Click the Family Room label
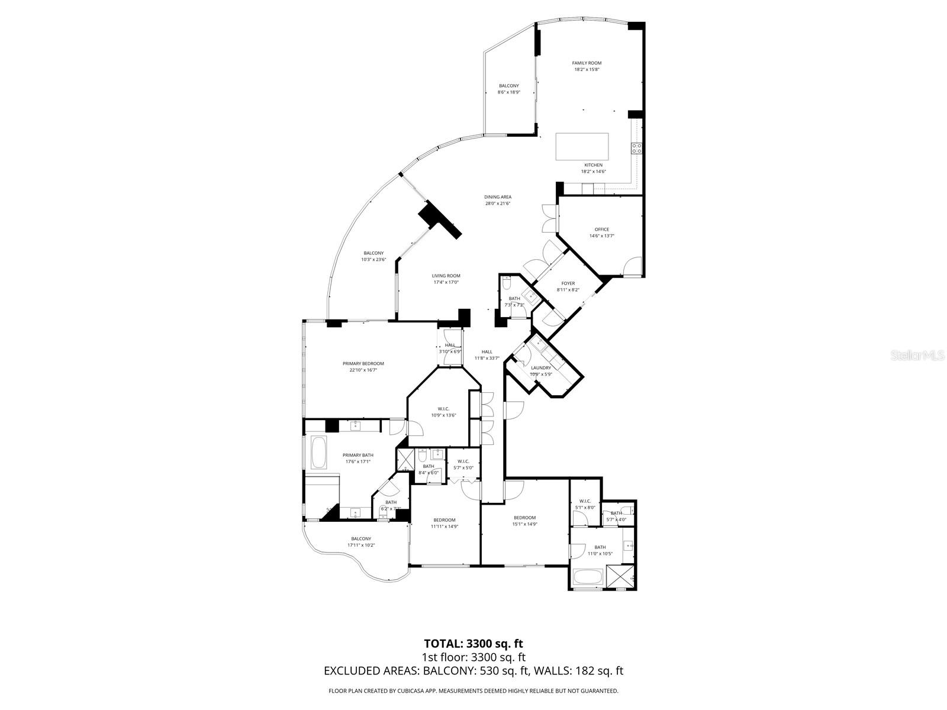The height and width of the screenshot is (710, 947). [586, 63]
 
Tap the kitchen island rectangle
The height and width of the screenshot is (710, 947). [582, 146]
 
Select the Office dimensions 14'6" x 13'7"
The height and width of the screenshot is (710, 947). [601, 236]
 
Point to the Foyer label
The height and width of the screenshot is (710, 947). [568, 283]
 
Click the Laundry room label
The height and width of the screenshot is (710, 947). [540, 368]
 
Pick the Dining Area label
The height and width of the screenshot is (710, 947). [497, 197]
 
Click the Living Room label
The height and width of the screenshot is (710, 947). [446, 276]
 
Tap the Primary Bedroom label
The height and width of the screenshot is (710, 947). [363, 363]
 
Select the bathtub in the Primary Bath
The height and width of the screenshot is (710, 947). [318, 453]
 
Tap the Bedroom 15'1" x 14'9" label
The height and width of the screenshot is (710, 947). [524, 518]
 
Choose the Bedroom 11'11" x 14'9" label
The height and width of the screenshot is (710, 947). [444, 520]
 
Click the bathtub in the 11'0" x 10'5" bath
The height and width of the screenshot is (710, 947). [588, 577]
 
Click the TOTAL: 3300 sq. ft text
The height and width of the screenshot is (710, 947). [473, 643]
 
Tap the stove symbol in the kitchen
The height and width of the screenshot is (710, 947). [637, 148]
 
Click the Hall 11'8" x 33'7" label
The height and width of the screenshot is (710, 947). [487, 351]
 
